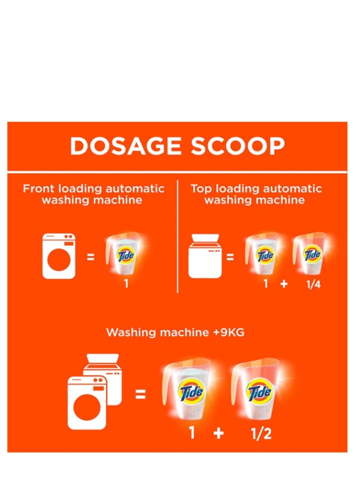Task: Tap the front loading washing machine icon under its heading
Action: coord(59,255)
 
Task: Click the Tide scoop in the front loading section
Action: coord(123,255)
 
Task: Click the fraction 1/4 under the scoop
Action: coord(313,285)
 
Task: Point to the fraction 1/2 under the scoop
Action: coord(261,432)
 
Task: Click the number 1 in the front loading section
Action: coord(126,285)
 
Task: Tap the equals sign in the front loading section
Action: coord(90,258)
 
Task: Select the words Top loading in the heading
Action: coord(220,189)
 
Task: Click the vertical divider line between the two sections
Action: coord(177,237)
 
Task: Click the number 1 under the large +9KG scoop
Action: coord(192,432)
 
